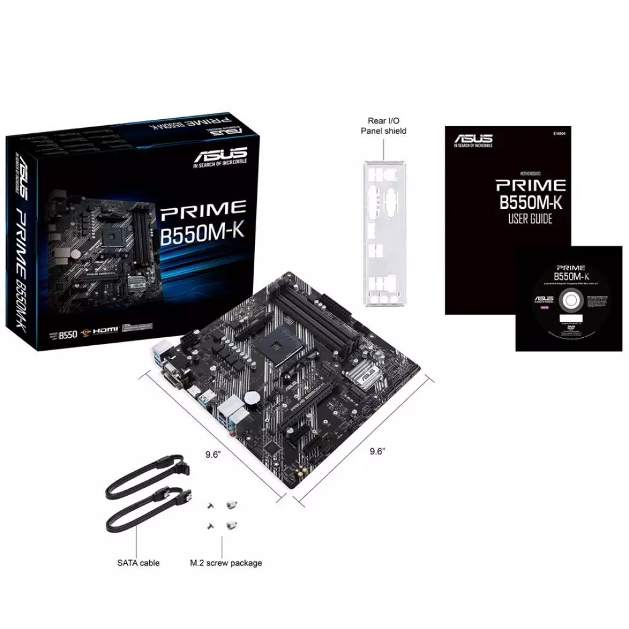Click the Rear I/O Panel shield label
383,126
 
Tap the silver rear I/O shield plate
385,233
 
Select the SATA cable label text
138,563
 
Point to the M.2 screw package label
226,563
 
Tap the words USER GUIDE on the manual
530,218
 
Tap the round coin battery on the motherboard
252,397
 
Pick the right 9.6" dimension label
377,451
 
